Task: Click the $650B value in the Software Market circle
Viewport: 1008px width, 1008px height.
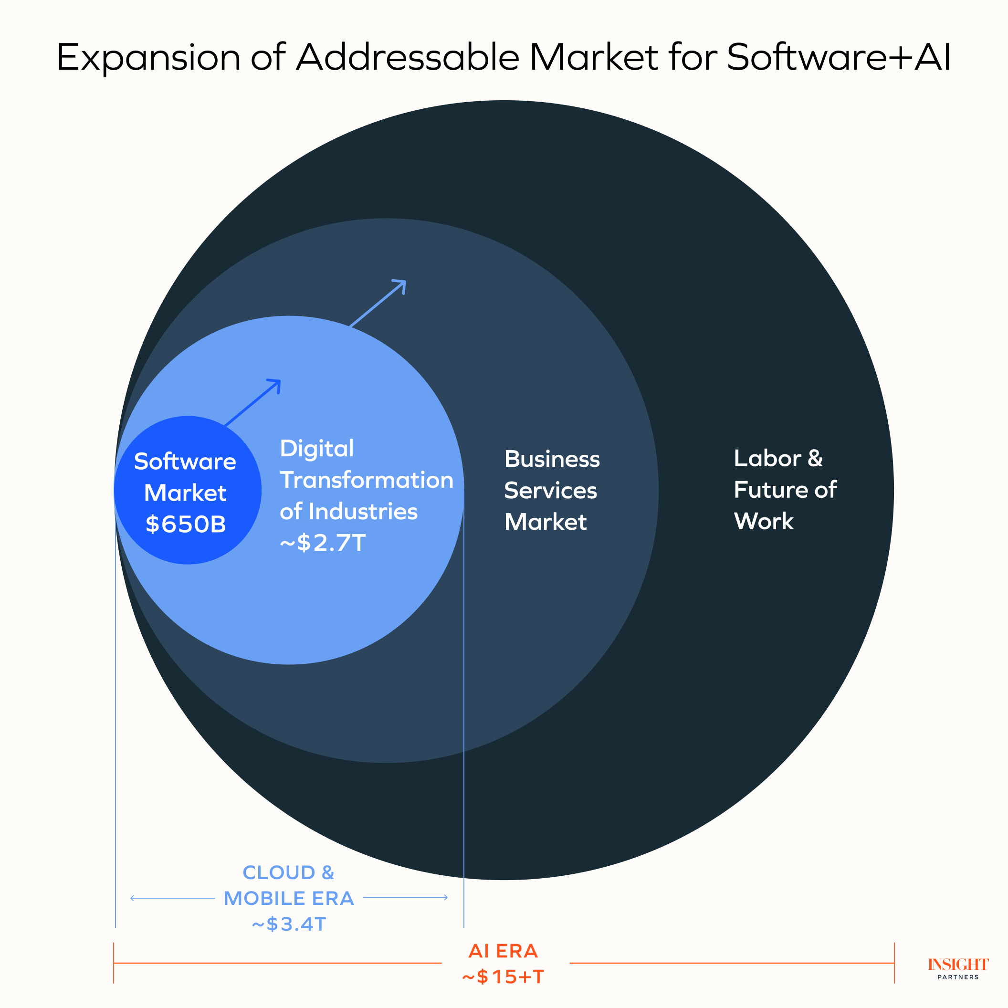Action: tap(185, 525)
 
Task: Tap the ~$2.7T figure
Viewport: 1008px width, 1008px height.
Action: tap(323, 543)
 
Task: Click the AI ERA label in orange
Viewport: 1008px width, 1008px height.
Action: tap(503, 951)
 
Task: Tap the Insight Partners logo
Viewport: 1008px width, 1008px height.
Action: tap(958, 968)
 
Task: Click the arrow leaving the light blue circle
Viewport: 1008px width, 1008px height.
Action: tap(378, 303)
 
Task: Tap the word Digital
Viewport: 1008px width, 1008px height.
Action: tap(317, 449)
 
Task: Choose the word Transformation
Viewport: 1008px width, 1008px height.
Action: tap(366, 480)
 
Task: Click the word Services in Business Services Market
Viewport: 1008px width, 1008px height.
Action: tap(550, 491)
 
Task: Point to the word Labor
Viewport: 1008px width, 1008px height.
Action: tap(767, 459)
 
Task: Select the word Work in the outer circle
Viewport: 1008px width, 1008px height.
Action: tap(763, 521)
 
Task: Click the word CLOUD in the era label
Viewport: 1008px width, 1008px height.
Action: tap(279, 872)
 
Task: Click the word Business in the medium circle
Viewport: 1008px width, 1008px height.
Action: tap(552, 459)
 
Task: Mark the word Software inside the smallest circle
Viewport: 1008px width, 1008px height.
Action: tap(185, 462)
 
